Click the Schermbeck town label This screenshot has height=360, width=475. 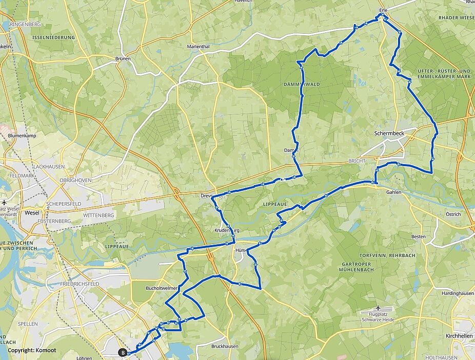coord(389,132)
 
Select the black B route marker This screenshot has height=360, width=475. coord(123,352)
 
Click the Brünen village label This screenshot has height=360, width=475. coord(123,59)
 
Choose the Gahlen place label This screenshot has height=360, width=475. coord(394,192)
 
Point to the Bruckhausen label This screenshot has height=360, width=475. coord(225,346)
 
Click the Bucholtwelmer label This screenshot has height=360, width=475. coord(162,288)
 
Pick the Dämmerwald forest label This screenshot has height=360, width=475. coord(302,84)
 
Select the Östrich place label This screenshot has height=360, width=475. coord(453,214)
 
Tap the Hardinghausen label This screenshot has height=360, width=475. coord(458,293)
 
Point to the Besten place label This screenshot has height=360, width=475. coord(419,236)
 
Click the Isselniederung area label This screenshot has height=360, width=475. coord(53,37)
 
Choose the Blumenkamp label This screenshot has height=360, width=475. coord(22,136)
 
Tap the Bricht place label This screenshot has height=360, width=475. coord(357,161)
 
